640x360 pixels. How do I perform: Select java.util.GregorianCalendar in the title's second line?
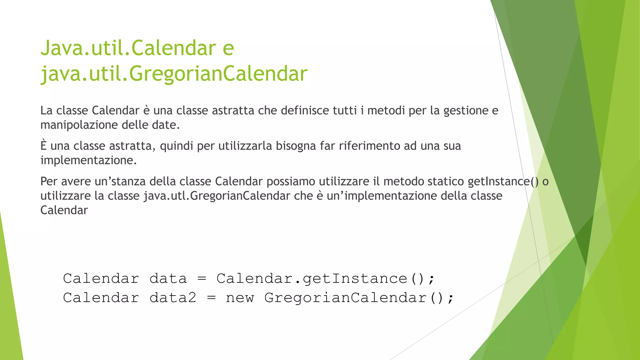tap(174, 74)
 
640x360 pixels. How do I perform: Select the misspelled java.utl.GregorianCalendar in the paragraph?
tap(217, 196)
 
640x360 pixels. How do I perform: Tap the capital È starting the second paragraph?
tap(43, 146)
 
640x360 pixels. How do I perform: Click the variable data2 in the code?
tap(173, 297)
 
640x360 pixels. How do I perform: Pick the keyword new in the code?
tap(240, 297)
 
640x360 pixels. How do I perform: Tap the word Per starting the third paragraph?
tap(49, 181)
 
